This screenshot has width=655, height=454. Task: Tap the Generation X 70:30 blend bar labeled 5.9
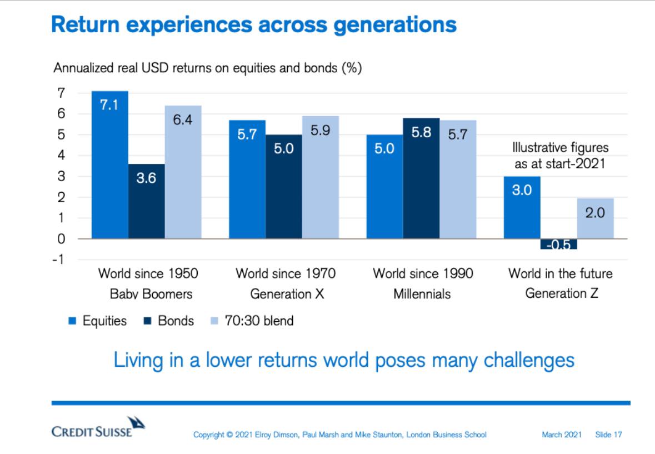[x=321, y=177]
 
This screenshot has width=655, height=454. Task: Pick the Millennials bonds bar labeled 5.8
[x=421, y=178]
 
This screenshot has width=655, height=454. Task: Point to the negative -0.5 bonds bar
[x=559, y=244]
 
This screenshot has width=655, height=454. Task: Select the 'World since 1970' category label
[x=286, y=273]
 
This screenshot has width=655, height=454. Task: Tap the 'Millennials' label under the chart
[x=422, y=294]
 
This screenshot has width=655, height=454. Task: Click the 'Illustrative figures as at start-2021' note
[x=560, y=156]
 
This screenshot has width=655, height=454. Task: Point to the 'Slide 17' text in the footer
[x=608, y=435]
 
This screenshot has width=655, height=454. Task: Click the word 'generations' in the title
[x=394, y=25]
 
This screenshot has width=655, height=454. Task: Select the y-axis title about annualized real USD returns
[x=208, y=69]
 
